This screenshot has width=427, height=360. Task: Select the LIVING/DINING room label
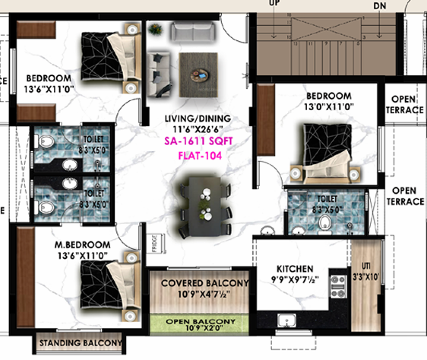pos(201,119)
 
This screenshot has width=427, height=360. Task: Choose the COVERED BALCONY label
pos(205,283)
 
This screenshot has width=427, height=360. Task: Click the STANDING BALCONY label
pos(80,344)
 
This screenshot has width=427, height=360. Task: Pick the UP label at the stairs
pos(274,4)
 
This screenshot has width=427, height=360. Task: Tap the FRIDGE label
pos(153,245)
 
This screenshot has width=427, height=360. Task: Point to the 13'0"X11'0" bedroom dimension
pos(329,108)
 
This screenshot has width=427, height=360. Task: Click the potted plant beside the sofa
pos(155,29)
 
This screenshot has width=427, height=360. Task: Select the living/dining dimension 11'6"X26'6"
pos(201,131)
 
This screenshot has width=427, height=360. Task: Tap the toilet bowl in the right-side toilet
pos(326,223)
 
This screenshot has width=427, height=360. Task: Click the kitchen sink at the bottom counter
pos(288,319)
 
